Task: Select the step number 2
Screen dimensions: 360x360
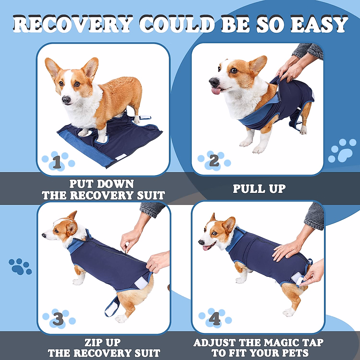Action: pyautogui.click(x=214, y=161)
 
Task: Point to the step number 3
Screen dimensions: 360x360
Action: pyautogui.click(x=58, y=319)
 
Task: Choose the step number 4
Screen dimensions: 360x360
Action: pyautogui.click(x=214, y=319)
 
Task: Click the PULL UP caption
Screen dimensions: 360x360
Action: pyautogui.click(x=259, y=189)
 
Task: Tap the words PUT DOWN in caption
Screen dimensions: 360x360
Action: pyautogui.click(x=102, y=184)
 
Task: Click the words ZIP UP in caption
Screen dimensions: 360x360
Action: pyautogui.click(x=103, y=342)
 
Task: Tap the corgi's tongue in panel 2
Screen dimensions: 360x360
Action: pyautogui.click(x=216, y=91)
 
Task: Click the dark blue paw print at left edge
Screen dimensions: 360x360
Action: pyautogui.click(x=20, y=266)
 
